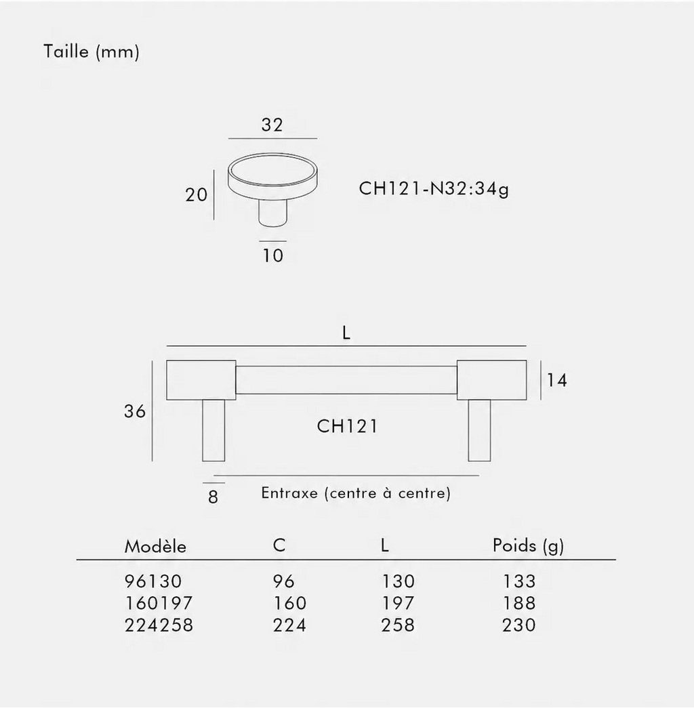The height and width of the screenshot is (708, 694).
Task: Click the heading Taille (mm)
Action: point(91,51)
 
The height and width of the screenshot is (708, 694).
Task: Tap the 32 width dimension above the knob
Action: point(272,125)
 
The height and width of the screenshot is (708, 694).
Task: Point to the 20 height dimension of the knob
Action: point(196,194)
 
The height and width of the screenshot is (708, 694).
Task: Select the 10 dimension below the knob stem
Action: point(273,255)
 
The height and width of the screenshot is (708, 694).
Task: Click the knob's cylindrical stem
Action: point(272,212)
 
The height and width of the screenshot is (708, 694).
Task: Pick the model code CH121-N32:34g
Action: point(434,188)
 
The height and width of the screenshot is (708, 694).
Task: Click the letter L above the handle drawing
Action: point(346,333)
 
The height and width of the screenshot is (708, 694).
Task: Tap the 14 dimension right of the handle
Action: point(556,380)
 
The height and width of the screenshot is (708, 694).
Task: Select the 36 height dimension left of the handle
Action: point(135,411)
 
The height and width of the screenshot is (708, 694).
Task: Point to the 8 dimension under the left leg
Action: point(213,497)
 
